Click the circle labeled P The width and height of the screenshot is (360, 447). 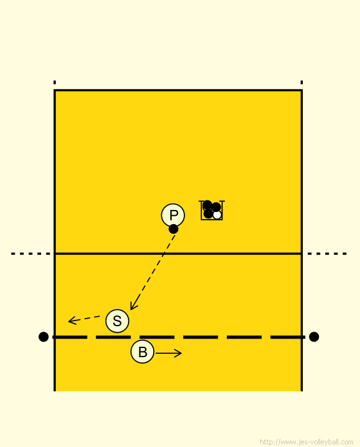click(x=173, y=215)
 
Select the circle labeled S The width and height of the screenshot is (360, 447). click(x=117, y=321)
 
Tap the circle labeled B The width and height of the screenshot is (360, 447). click(x=143, y=351)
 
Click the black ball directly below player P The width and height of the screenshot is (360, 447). click(x=174, y=229)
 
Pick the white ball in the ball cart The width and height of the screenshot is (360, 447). click(x=217, y=215)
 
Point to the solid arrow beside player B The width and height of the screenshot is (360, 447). click(x=168, y=353)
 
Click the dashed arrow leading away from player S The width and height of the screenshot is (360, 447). click(x=84, y=319)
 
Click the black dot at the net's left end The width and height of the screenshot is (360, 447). click(x=43, y=337)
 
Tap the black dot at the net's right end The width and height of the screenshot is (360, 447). click(x=314, y=337)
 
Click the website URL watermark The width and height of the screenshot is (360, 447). click(x=307, y=442)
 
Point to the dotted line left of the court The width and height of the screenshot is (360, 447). click(x=30, y=254)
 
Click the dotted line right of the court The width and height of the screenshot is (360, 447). click(x=327, y=254)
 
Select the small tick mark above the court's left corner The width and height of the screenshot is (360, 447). click(x=55, y=82)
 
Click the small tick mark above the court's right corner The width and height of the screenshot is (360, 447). click(x=301, y=82)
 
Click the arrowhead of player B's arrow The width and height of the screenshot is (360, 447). click(x=179, y=353)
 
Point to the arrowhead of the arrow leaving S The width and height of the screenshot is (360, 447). click(x=72, y=320)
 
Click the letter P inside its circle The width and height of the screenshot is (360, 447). click(x=174, y=215)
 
